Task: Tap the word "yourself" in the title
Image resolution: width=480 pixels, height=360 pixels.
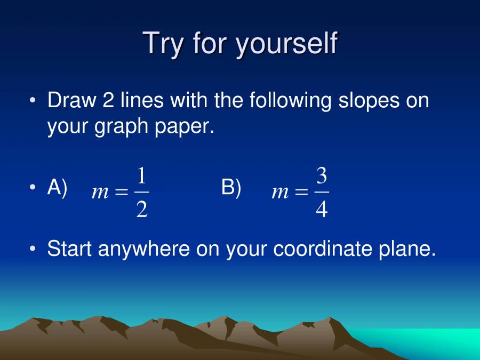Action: click(x=286, y=44)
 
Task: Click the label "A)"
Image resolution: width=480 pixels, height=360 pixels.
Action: click(x=58, y=188)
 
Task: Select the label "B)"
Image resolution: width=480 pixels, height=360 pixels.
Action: click(x=231, y=188)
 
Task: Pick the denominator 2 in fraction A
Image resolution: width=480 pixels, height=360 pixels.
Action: click(x=142, y=210)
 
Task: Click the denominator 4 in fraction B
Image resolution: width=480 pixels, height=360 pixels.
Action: click(x=322, y=210)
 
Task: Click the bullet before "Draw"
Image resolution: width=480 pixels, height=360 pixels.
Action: click(x=34, y=101)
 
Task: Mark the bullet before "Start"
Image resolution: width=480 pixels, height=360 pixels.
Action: click(x=34, y=249)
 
